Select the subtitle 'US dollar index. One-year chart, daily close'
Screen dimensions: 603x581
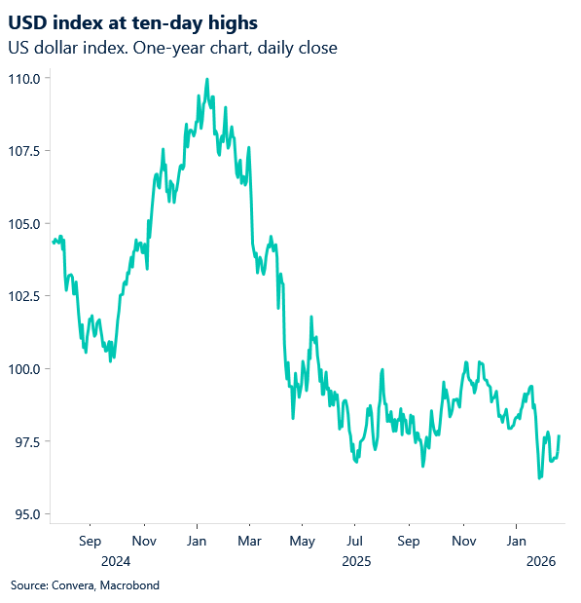pos(171,47)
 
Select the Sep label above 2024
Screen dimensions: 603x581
pos(89,540)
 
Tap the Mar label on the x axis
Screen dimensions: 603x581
pos(249,540)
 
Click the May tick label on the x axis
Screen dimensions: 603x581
pos(303,540)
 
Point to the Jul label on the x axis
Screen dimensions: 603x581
pos(355,540)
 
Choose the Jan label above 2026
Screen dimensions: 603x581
pos(516,540)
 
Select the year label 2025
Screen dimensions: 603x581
pos(356,561)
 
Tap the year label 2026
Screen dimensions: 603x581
pos(540,561)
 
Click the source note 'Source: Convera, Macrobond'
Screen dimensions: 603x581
pos(85,585)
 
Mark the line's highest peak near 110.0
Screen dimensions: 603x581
pos(207,79)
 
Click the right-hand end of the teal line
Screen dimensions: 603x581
pos(559,435)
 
